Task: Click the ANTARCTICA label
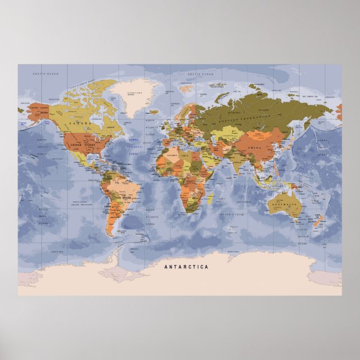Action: point(186,267)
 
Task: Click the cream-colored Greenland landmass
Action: point(131,94)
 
